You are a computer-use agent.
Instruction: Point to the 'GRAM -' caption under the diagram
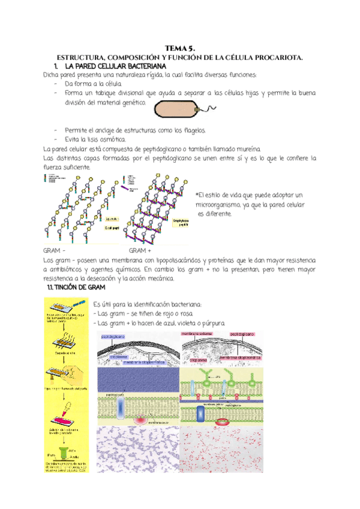tap(55, 251)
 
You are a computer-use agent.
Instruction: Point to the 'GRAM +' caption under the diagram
tap(140, 251)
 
